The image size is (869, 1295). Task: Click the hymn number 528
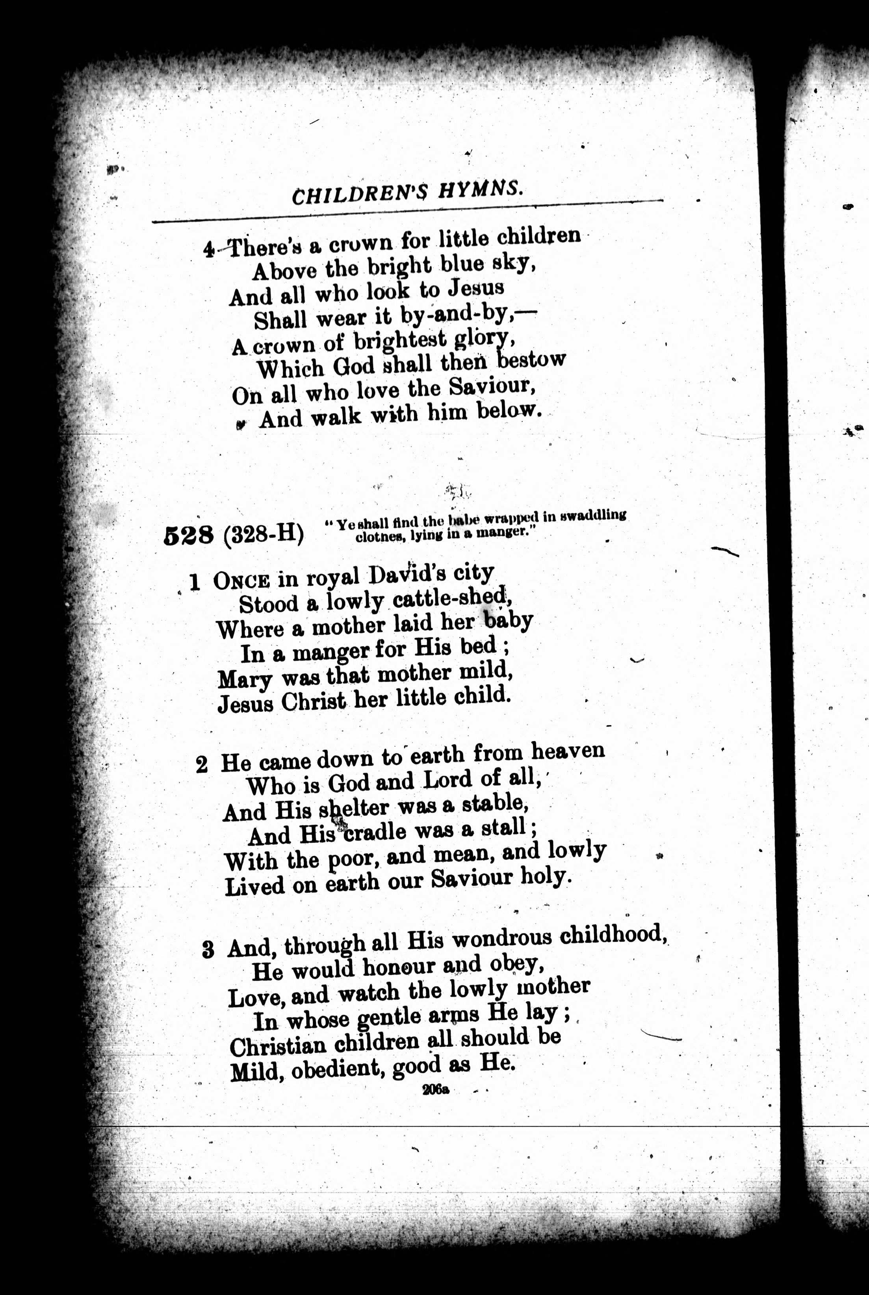(x=189, y=536)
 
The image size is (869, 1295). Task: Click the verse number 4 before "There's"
(x=208, y=250)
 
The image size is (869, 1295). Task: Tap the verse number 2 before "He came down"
(x=202, y=765)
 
